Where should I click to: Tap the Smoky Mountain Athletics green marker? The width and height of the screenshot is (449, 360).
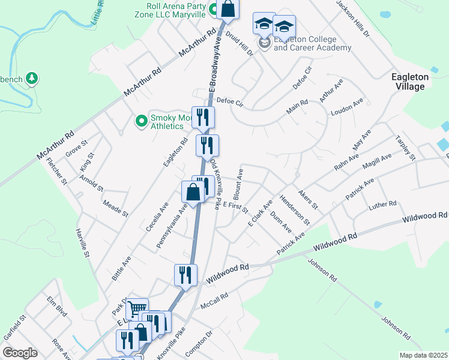(142, 122)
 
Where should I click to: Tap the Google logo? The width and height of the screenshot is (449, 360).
(20, 353)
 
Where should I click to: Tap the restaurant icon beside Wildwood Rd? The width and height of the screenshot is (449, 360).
(185, 275)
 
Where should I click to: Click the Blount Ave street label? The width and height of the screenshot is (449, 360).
(238, 185)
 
